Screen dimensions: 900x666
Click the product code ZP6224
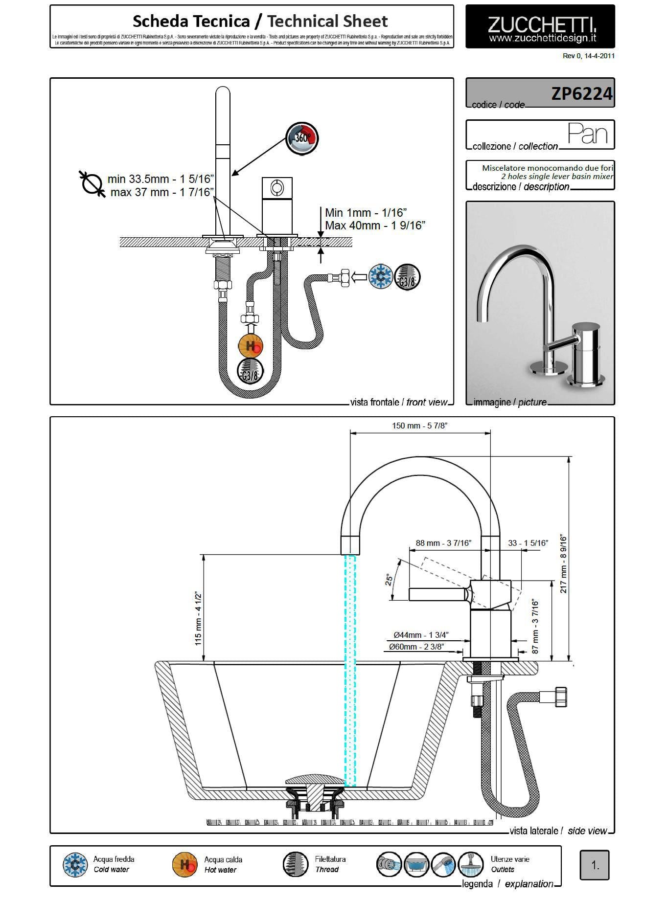(581, 93)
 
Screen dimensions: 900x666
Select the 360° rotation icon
(302, 138)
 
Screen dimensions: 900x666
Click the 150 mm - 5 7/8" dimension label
(419, 426)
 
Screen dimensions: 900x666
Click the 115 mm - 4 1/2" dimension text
(198, 618)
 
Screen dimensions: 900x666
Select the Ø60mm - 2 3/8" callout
(416, 647)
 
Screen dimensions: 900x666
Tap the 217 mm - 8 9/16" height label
(563, 564)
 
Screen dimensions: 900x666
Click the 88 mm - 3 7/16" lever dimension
(443, 543)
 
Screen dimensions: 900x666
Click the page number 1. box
(595, 865)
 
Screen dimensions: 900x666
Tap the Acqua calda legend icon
(184, 865)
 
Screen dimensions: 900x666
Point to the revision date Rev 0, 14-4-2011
(588, 56)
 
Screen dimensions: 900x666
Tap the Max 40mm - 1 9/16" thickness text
(375, 225)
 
